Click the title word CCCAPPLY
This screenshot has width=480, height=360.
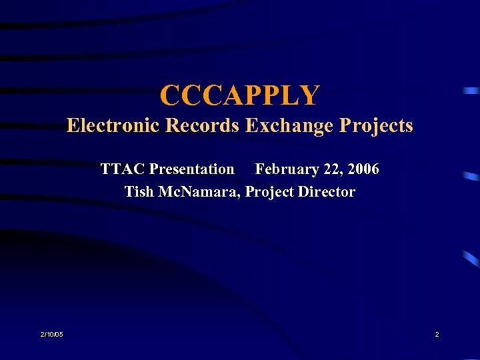pos(239,95)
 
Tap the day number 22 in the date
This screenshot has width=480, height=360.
pos(331,169)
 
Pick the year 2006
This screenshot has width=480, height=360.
pos(363,169)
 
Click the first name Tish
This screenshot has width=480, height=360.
pos(139,192)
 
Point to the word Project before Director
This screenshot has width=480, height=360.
pos(270,193)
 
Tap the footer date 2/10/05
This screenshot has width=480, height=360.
pos(52,334)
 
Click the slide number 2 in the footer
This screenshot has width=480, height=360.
pos(437,334)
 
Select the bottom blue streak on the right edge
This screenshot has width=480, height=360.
pos(472,259)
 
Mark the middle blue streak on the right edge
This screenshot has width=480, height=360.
pos(471,177)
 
